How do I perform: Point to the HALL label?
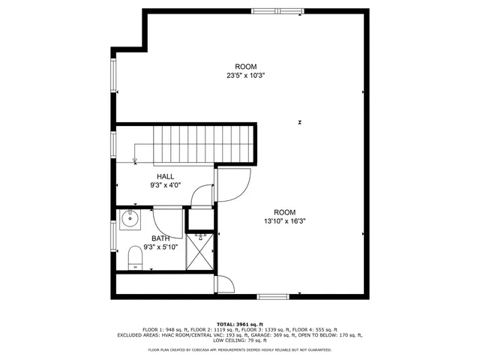pos(165,176)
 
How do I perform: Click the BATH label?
pos(161,238)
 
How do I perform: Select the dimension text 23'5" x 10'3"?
pos(246,75)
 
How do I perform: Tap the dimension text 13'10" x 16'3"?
pos(284,221)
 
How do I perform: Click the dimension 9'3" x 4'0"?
pos(165,184)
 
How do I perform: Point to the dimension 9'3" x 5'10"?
pos(161,247)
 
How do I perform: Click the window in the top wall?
pos(272,10)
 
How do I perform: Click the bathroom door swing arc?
pos(166,220)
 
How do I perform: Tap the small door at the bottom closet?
pos(223,285)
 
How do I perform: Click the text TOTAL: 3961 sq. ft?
pos(239,323)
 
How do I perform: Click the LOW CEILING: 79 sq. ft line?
pos(239,341)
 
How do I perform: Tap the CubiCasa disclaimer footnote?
pos(239,349)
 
